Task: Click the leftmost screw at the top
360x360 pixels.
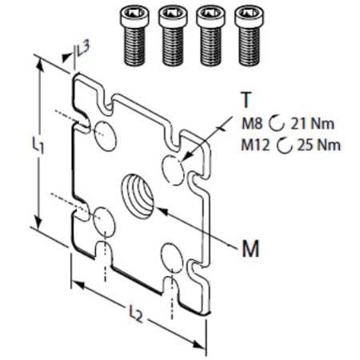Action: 134,36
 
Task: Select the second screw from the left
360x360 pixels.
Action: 173,36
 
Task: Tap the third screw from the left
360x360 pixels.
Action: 210,36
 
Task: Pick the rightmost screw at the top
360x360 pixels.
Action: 249,36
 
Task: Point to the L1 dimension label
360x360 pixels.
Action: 38,145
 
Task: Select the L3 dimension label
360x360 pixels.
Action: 82,49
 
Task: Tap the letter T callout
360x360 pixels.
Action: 246,99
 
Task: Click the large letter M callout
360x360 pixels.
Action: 250,248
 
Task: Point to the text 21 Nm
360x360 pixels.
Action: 312,124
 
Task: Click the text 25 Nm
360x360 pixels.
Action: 319,146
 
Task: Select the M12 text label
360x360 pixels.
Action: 255,146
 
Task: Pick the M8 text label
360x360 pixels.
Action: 252,124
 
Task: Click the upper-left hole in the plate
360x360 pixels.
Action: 106,135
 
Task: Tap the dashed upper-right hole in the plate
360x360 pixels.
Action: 173,170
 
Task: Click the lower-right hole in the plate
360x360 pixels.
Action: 173,258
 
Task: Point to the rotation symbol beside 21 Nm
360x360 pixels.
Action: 276,124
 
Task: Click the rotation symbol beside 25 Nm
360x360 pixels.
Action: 284,146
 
